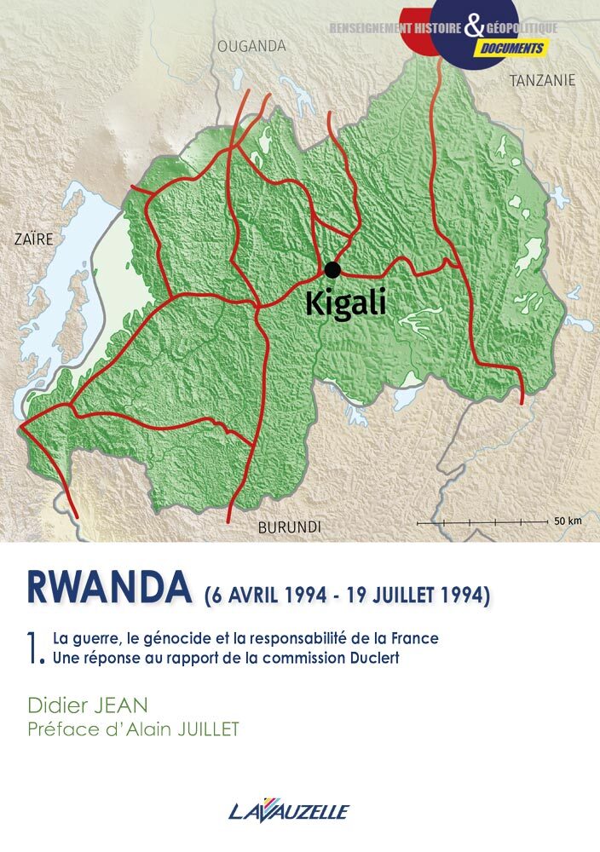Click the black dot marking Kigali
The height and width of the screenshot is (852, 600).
[332, 269]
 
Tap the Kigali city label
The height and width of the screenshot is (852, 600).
[345, 304]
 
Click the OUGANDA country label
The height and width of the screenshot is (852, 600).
[251, 46]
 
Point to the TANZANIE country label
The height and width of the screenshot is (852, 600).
[542, 81]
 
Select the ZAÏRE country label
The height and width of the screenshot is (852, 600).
[33, 239]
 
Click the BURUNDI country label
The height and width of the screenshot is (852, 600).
[289, 527]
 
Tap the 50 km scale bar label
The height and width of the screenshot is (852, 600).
[567, 520]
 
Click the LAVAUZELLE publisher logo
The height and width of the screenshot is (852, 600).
[289, 810]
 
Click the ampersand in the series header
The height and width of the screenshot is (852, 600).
[474, 28]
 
